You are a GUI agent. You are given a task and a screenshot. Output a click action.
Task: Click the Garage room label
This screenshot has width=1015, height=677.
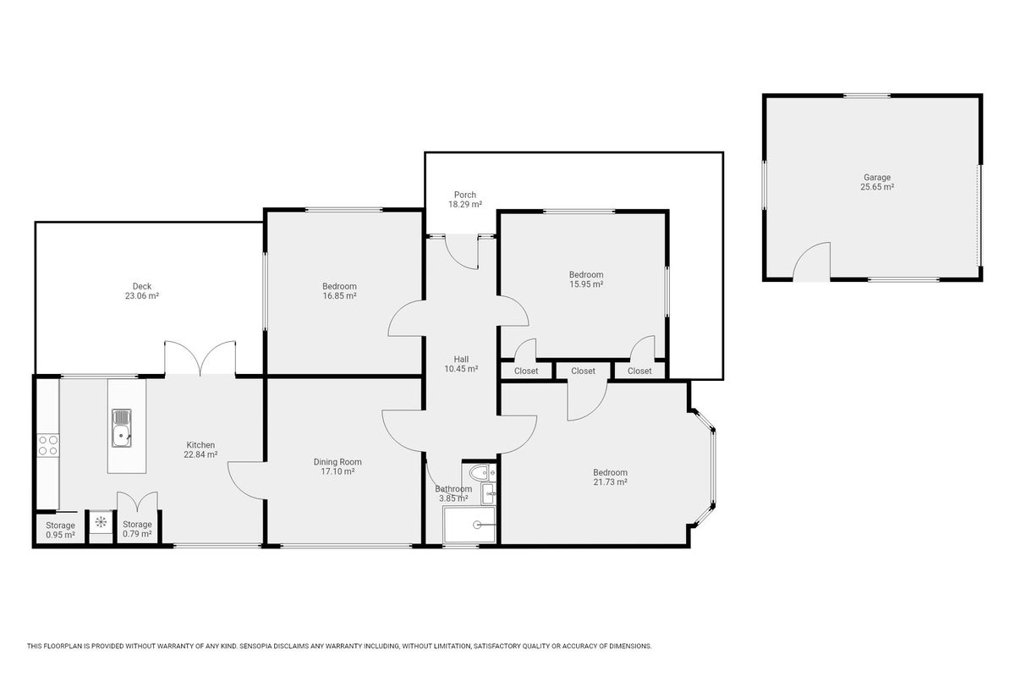877,178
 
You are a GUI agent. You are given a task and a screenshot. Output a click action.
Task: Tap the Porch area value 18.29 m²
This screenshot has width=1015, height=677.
465,205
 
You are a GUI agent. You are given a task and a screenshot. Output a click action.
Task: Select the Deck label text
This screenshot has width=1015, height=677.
142,286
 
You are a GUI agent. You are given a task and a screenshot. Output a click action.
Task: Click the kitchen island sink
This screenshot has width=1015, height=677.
122,428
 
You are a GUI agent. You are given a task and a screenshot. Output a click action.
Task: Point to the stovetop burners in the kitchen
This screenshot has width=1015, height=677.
48,445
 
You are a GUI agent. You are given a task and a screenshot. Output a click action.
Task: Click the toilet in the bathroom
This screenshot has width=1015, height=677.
480,473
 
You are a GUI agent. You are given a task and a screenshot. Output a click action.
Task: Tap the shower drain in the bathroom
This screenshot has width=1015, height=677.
477,525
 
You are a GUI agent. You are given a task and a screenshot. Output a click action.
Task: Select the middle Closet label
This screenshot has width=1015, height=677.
583,371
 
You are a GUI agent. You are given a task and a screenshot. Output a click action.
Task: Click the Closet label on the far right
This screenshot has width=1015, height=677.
639,371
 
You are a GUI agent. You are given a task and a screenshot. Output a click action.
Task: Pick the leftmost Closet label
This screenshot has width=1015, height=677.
526,371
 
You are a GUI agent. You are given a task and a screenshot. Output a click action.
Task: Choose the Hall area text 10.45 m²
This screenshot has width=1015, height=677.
461,369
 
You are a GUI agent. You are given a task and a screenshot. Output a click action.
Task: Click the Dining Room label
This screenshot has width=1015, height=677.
337,462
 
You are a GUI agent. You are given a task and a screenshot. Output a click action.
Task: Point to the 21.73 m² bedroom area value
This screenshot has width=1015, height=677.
611,482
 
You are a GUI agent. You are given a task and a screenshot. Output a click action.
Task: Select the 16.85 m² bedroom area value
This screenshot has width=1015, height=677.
339,296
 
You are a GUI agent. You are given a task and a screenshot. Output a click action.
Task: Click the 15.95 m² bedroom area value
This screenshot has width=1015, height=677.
586,284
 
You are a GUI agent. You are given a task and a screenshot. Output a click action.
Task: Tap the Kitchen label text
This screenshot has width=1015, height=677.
200,445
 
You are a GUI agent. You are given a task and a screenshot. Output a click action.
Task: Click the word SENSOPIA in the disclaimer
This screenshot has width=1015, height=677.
255,647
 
